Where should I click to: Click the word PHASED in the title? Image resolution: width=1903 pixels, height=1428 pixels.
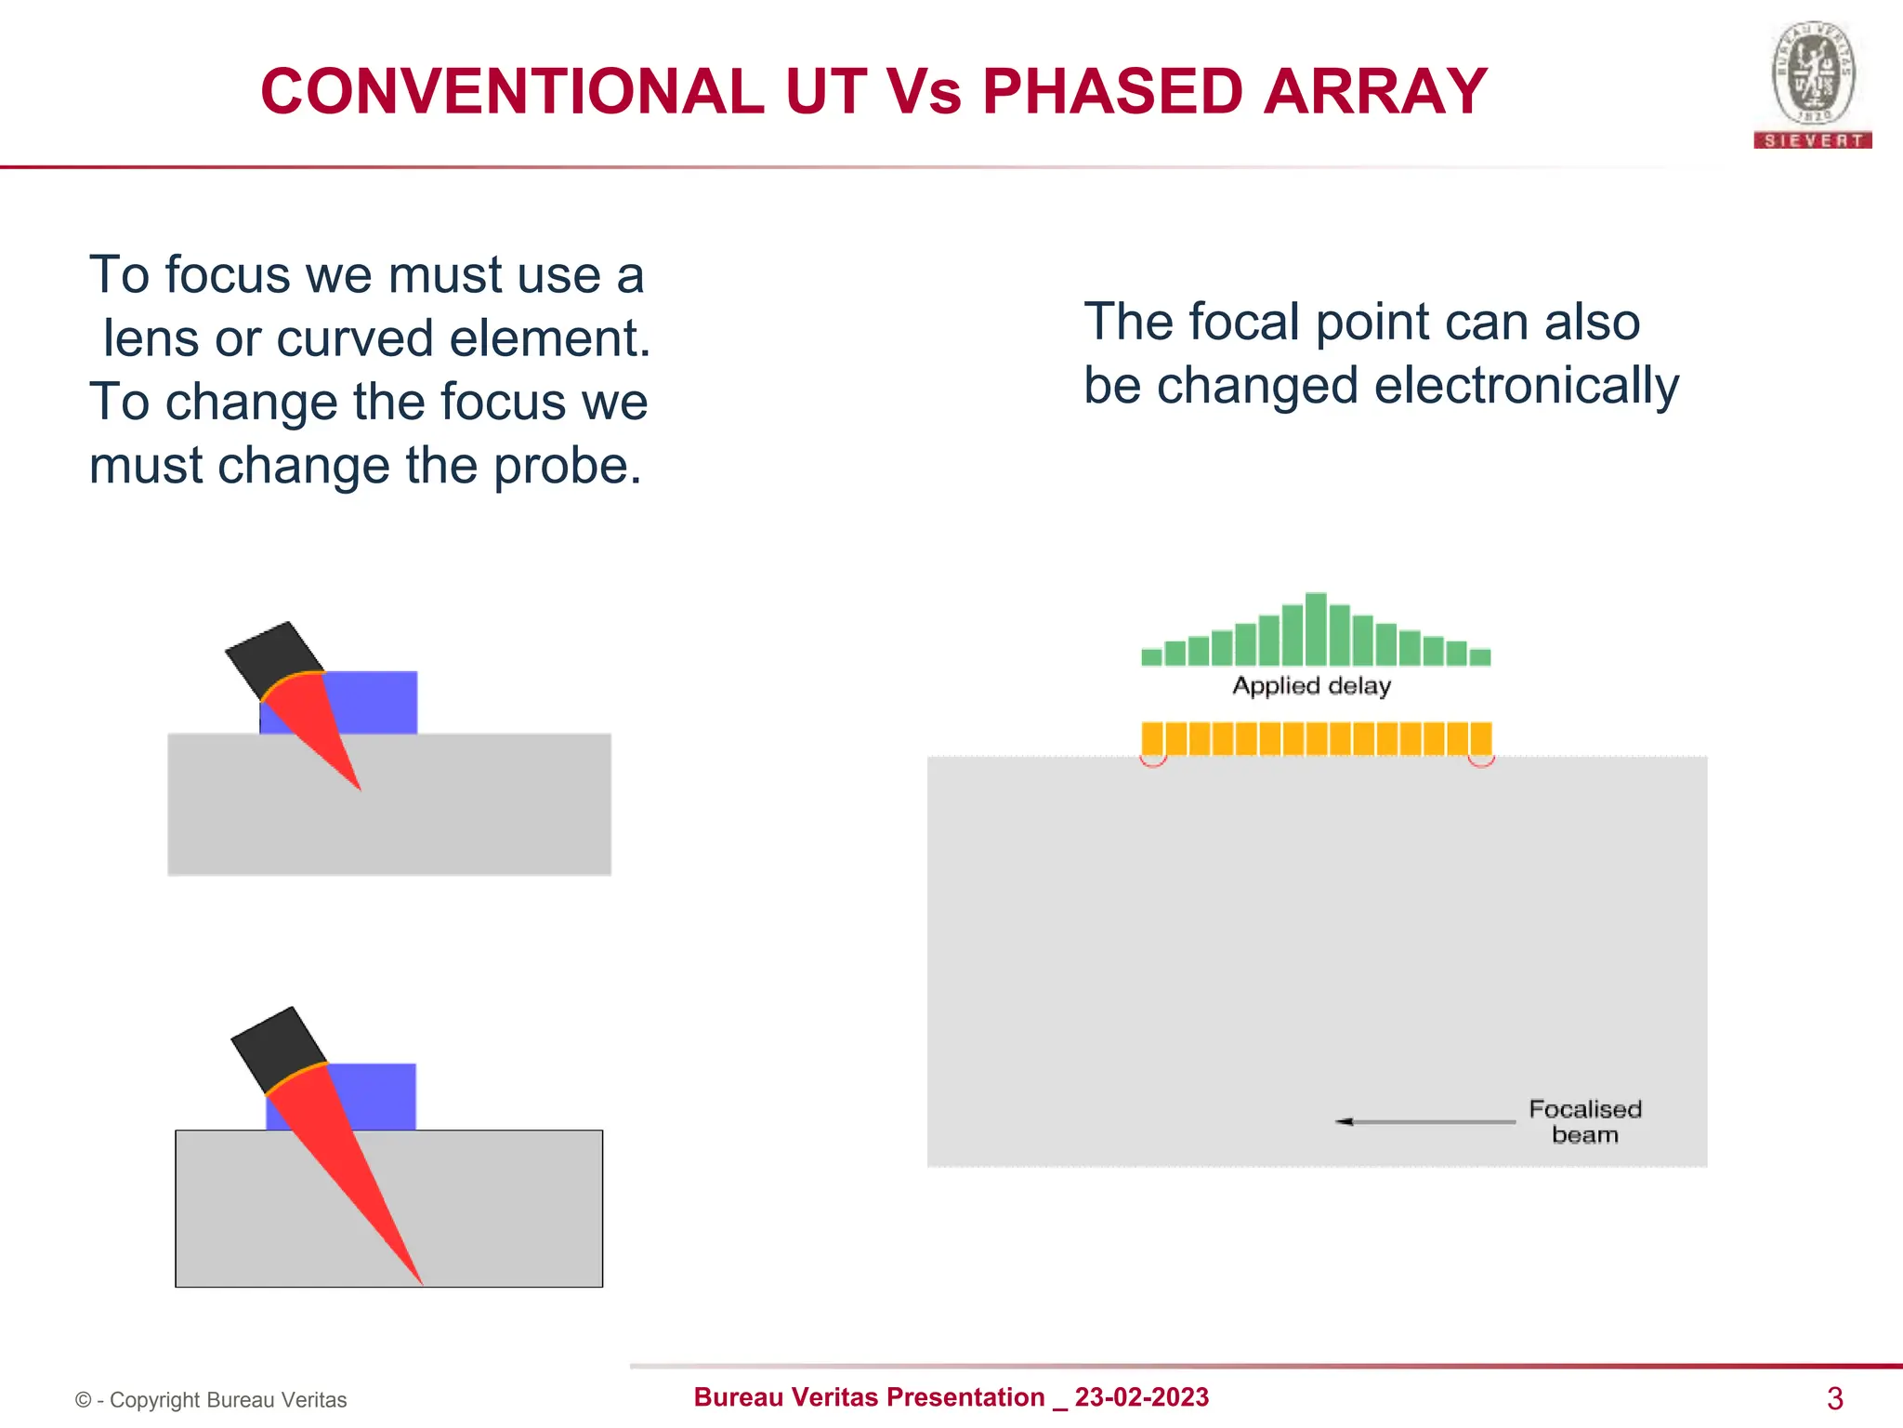pyautogui.click(x=1111, y=92)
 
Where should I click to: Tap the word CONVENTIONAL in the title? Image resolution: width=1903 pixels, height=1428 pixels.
pyautogui.click(x=512, y=92)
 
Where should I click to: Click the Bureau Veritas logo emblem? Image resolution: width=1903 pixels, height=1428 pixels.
pyautogui.click(x=1813, y=74)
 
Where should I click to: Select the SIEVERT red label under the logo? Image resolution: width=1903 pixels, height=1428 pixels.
pyautogui.click(x=1812, y=140)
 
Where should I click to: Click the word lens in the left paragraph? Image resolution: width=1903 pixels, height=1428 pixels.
pyautogui.click(x=151, y=338)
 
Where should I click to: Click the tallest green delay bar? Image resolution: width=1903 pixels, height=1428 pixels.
pyautogui.click(x=1315, y=628)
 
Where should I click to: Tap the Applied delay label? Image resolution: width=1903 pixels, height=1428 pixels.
pyautogui.click(x=1311, y=686)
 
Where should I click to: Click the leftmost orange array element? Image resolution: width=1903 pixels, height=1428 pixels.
pyautogui.click(x=1152, y=738)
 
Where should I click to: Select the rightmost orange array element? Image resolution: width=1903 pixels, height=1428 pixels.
pyautogui.click(x=1481, y=738)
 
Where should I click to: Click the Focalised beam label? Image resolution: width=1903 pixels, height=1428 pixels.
pyautogui.click(x=1584, y=1121)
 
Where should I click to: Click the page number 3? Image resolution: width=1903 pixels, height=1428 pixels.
pyautogui.click(x=1834, y=1397)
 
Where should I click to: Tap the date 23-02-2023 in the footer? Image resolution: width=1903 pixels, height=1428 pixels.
pyautogui.click(x=1141, y=1396)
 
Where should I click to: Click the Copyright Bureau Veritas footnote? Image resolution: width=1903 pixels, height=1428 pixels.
pyautogui.click(x=212, y=1400)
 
